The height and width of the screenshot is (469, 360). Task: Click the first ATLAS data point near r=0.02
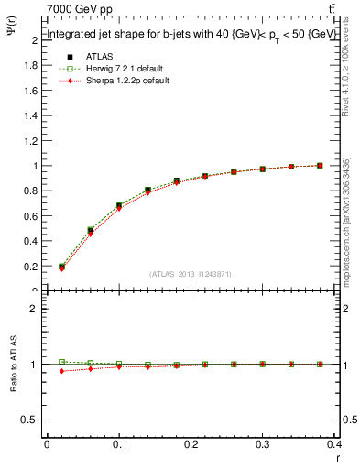[x=62, y=267]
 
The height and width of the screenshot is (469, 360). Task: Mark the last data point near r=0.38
[x=319, y=166]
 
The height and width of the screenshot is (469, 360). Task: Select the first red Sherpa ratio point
[x=62, y=371]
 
